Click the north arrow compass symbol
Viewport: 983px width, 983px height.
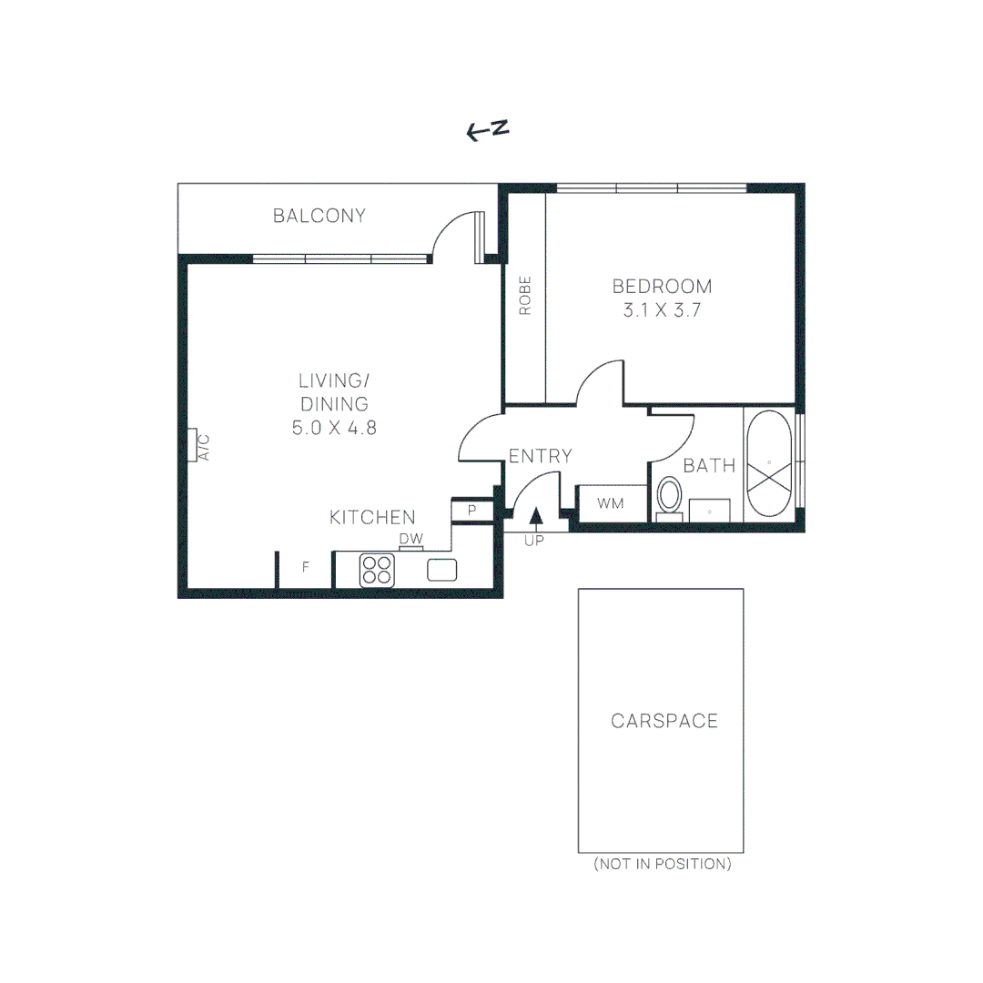tap(487, 131)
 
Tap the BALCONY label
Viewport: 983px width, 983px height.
tap(319, 216)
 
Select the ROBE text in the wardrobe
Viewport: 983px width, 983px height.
tap(525, 296)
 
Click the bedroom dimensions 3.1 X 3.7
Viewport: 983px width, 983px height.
tap(662, 309)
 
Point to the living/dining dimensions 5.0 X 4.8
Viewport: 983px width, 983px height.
tap(334, 428)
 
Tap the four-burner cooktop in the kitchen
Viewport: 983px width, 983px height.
tap(377, 570)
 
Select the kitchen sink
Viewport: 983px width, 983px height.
tap(442, 570)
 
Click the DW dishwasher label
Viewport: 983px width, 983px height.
tap(411, 540)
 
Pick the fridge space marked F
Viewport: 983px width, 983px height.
tap(306, 567)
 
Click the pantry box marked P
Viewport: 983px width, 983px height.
tap(472, 511)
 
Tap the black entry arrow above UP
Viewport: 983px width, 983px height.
tap(536, 516)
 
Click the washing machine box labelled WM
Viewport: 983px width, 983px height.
tap(610, 503)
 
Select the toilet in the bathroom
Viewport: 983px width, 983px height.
tap(670, 498)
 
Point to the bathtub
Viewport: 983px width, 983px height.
tap(769, 464)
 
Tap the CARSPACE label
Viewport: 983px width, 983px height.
tap(664, 721)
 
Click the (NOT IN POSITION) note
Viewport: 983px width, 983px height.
tap(662, 864)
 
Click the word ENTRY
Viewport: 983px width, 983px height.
tap(540, 456)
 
